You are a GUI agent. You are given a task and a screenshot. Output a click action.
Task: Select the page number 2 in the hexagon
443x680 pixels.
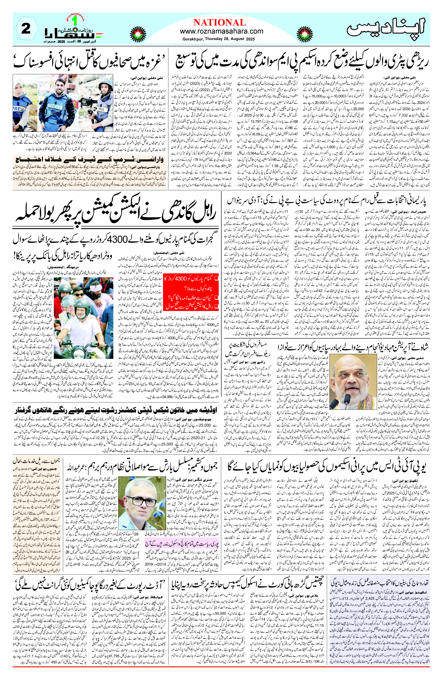pyautogui.click(x=26, y=29)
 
